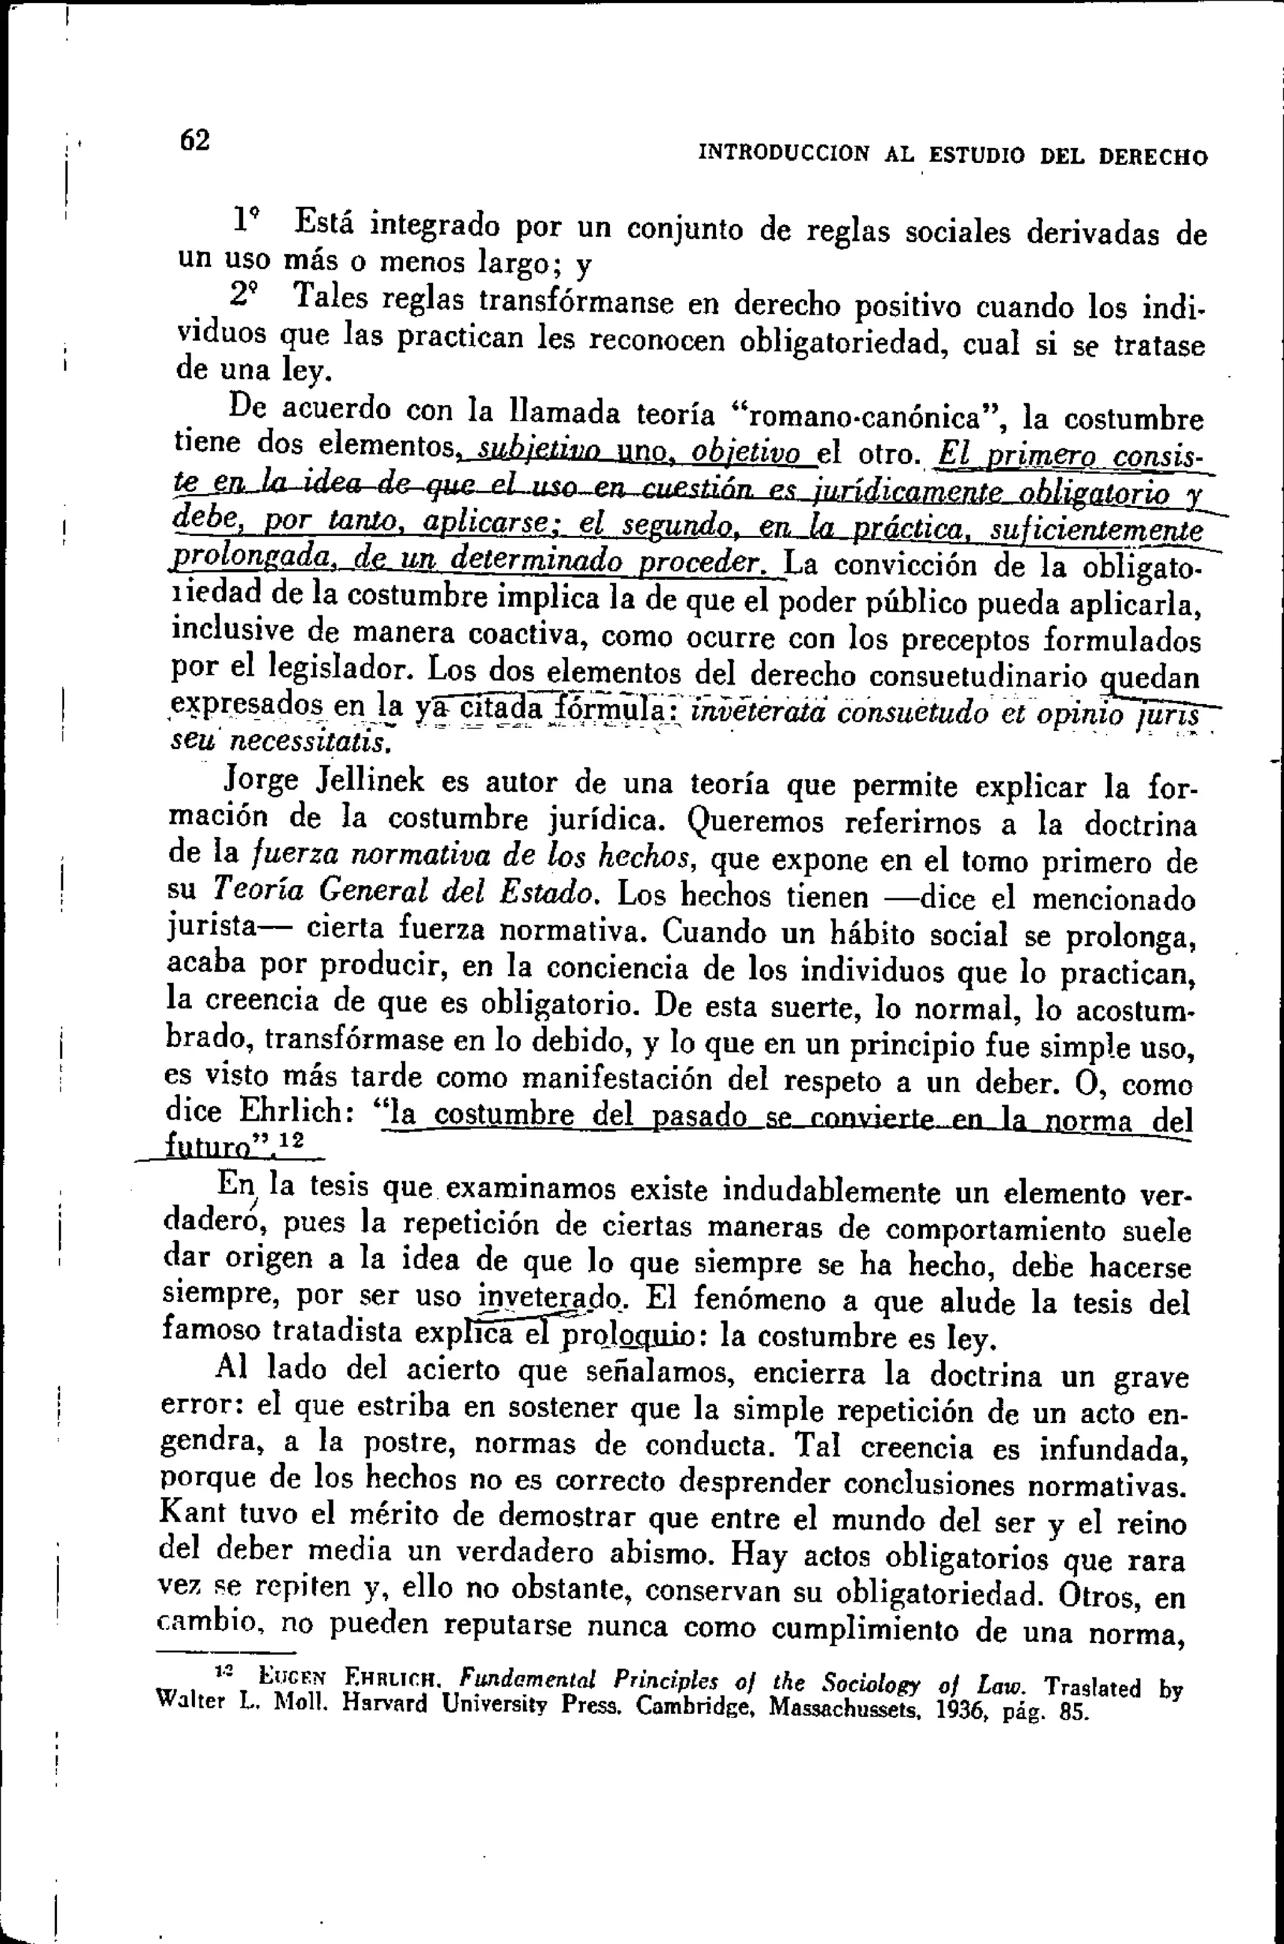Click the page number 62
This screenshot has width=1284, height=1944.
tap(195, 140)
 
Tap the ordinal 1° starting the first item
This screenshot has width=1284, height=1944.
tap(246, 219)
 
